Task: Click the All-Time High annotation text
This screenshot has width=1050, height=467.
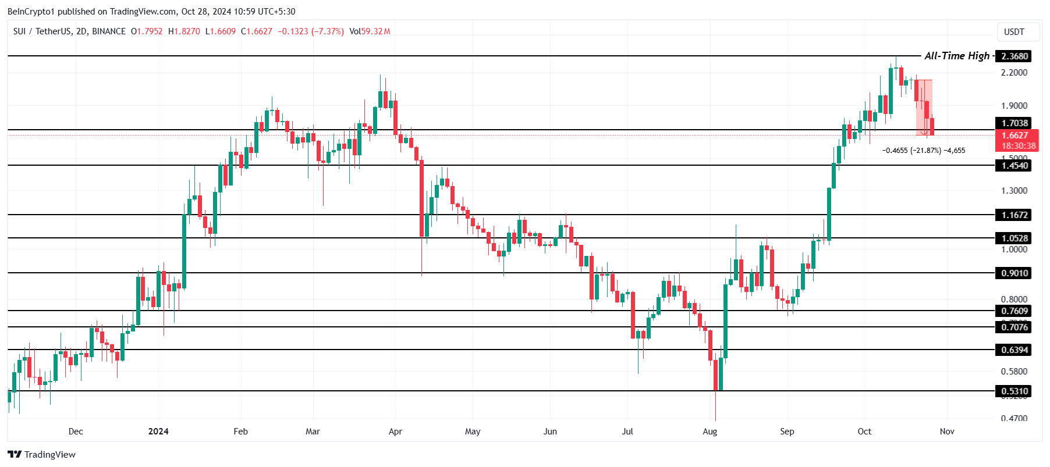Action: (x=957, y=56)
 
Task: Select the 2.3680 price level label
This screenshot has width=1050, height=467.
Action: (x=1014, y=56)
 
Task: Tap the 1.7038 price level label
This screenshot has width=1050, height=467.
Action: (x=1014, y=123)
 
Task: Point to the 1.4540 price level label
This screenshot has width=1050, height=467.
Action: (x=1014, y=166)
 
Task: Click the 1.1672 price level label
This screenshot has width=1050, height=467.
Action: (x=1014, y=215)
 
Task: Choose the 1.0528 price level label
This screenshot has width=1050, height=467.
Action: (x=1014, y=238)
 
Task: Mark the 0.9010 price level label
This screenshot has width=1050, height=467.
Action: (x=1014, y=273)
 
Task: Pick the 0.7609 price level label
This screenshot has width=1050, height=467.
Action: (x=1014, y=311)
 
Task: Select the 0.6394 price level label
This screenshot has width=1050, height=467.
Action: (x=1014, y=350)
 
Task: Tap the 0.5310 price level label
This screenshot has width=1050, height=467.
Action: (x=1014, y=391)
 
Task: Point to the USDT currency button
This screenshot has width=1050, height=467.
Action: (x=1014, y=32)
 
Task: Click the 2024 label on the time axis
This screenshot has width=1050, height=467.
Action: (x=158, y=432)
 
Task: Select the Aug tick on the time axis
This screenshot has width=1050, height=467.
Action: (x=710, y=432)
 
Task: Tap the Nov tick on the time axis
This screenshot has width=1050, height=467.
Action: (x=947, y=432)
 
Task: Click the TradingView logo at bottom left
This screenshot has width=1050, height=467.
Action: (x=42, y=455)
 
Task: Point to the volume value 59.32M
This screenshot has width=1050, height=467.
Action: (x=376, y=31)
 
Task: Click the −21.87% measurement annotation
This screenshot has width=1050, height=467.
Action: (x=924, y=151)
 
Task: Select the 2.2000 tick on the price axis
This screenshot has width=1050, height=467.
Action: (x=1014, y=73)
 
